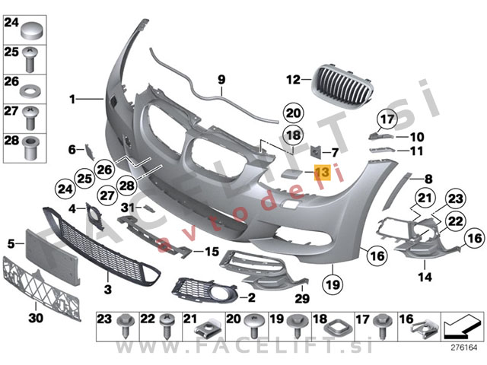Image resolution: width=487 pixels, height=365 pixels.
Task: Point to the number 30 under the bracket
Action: coord(35,317)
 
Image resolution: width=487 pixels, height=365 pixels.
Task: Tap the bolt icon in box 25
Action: coord(32,60)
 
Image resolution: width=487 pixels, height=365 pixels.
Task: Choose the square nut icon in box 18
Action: coord(337,328)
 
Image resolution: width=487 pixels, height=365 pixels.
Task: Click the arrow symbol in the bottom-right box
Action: coord(460,326)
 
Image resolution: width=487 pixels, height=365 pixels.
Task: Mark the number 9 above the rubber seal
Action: coord(221,78)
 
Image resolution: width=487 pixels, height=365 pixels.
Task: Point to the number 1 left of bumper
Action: coord(72,100)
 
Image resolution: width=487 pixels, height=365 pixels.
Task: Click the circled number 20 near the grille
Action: coord(294,113)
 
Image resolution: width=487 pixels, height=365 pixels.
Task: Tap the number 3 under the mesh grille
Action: coord(108,290)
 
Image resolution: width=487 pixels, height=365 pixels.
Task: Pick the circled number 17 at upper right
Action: coord(387,119)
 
